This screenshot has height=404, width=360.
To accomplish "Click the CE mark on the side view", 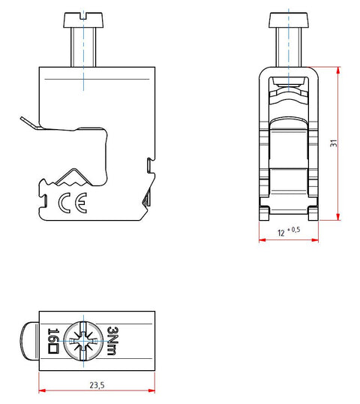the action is [x=73, y=203].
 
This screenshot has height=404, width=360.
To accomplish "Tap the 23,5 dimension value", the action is [x=97, y=385].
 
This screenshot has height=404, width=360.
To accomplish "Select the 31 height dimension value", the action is [x=334, y=143].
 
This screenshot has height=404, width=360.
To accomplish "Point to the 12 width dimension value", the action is [x=281, y=234].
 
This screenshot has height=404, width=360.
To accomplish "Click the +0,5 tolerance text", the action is [x=293, y=230].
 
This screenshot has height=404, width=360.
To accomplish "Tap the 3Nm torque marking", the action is [x=112, y=341].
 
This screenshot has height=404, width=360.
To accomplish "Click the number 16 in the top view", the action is [x=53, y=334].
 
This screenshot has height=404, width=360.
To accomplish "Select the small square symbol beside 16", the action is [x=53, y=348].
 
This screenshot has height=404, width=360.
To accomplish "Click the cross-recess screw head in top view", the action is [x=84, y=341].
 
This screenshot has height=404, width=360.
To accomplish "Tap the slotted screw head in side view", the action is [x=83, y=20].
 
